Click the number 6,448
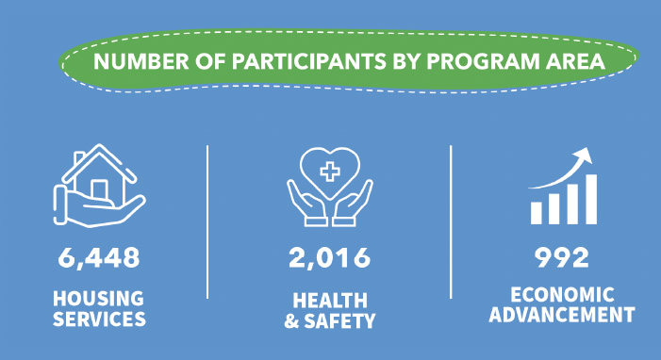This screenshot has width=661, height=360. coord(99,256)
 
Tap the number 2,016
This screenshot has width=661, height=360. coord(330,256)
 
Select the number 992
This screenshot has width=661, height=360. coord(562,256)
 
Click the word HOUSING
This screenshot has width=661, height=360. coord(99,299)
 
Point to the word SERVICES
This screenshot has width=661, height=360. coord(99,319)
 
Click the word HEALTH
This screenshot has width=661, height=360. coord(330,301)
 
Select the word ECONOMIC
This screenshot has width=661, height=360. coord(563,293)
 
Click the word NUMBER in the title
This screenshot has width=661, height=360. coord(134,65)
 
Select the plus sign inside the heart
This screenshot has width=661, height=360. coord(330,172)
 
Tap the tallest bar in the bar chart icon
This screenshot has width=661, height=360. coord(590,198)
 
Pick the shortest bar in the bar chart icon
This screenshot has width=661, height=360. coord(537,212)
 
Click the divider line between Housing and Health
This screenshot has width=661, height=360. coord(207,221)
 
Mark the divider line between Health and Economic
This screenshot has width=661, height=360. coord(451,221)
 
